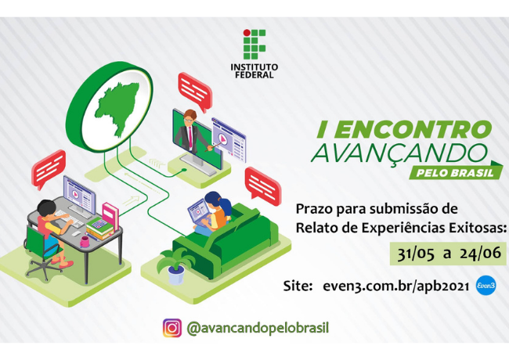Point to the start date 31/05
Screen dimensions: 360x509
point(413,254)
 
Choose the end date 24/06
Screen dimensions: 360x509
point(478,254)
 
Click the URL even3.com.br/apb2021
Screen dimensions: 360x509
point(395,287)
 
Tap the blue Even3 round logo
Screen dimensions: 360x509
point(486,287)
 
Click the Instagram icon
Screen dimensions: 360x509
point(171,328)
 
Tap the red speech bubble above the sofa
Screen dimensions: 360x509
point(262,182)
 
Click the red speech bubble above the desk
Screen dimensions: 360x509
point(49,164)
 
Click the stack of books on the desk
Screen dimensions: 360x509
point(99,226)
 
